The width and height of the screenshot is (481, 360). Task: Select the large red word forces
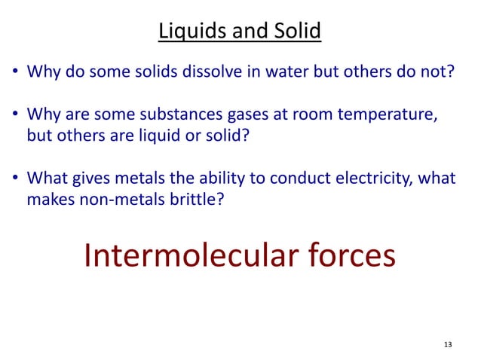pyautogui.click(x=350, y=255)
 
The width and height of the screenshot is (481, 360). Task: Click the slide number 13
pyautogui.click(x=448, y=345)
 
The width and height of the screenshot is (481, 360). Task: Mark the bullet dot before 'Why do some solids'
pyautogui.click(x=15, y=75)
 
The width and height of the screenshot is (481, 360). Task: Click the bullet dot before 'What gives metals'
pyautogui.click(x=15, y=181)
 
